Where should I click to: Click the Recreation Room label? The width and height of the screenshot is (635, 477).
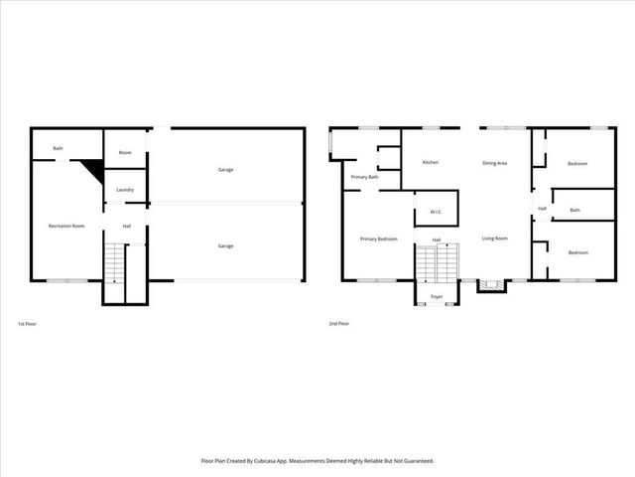66,227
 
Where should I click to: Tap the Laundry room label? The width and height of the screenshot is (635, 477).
125,190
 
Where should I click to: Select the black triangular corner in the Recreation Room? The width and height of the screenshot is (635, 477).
95,169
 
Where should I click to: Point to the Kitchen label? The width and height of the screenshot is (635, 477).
431,162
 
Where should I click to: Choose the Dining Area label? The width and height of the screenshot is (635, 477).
495,162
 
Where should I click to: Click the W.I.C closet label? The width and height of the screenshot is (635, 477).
436,212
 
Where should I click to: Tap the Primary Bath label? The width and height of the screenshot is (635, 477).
364,177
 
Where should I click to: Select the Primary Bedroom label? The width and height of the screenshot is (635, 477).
378,238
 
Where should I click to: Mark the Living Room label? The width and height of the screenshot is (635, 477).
495,238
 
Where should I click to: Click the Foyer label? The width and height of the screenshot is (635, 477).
437,297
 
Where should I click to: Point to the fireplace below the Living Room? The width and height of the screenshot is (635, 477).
490,286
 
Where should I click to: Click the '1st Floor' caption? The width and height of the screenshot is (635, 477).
29,324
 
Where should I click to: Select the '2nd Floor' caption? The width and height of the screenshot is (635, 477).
339,324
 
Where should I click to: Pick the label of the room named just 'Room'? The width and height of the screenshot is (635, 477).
125,153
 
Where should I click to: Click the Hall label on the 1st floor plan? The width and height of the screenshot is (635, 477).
127,227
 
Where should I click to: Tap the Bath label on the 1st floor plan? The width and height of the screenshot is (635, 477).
58,149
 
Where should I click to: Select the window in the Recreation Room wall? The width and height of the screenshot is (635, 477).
66,280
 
